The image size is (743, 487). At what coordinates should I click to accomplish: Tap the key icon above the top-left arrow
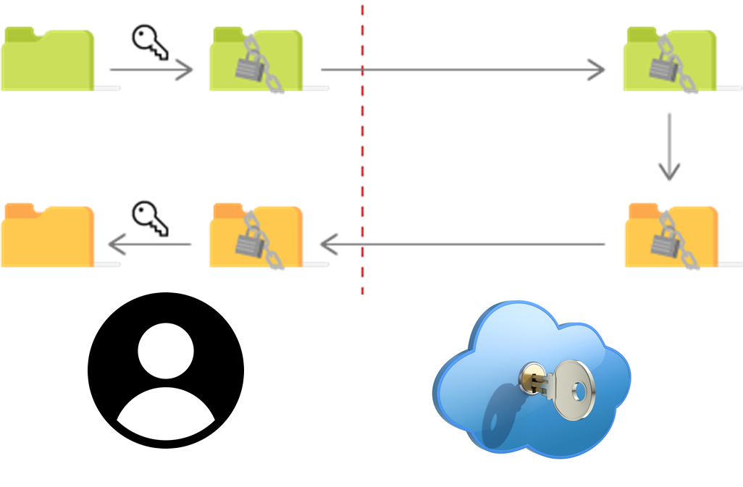(x=150, y=42)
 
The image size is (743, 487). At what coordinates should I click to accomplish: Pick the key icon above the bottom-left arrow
(x=150, y=218)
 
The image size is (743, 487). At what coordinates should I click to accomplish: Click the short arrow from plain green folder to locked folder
(x=151, y=70)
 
